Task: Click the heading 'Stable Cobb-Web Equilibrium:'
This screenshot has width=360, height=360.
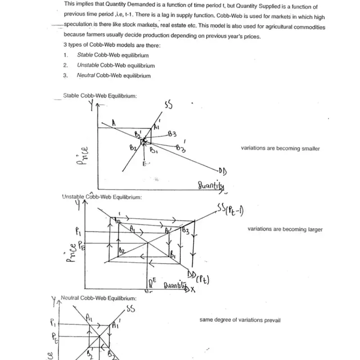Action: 100,95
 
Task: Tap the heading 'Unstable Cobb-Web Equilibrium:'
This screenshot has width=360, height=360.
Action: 102,197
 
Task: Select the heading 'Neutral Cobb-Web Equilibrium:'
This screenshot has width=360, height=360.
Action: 98,298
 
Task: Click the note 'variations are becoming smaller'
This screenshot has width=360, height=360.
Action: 280,148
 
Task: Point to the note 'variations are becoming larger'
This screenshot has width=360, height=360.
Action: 285,229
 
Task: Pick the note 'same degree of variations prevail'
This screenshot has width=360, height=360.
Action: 240,320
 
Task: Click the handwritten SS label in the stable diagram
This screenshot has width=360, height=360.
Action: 169,105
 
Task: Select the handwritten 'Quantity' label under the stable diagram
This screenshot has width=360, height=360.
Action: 211,185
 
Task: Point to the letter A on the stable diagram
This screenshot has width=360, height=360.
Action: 114,122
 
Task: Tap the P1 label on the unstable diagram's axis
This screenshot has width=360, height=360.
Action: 78,232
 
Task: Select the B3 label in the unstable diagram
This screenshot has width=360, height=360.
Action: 185,230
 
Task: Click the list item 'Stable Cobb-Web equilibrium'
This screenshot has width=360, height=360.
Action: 112,55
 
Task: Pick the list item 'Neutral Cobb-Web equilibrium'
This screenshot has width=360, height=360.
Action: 113,76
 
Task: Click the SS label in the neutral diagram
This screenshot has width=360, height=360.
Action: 130,309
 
